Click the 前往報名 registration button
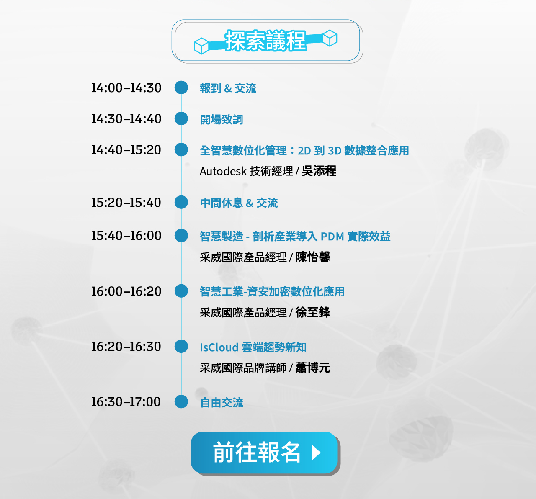coord(264,453)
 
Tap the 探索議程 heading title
coord(266,41)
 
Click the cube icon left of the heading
coord(201,46)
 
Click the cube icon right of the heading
coord(330,38)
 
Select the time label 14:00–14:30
coord(126,88)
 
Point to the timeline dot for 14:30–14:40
coord(181,119)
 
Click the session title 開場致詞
coord(222,120)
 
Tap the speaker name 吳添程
coord(319,171)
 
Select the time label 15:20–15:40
coord(126,203)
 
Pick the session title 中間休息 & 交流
coord(239,203)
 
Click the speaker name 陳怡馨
coord(313,257)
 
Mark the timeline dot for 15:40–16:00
coord(181,236)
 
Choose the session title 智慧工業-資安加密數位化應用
coord(272,292)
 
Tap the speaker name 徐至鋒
coord(313,313)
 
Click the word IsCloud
coord(219,347)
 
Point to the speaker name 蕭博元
coord(313,368)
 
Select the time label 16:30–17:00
coord(126,401)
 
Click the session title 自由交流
coord(222,403)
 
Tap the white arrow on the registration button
coord(316,453)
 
